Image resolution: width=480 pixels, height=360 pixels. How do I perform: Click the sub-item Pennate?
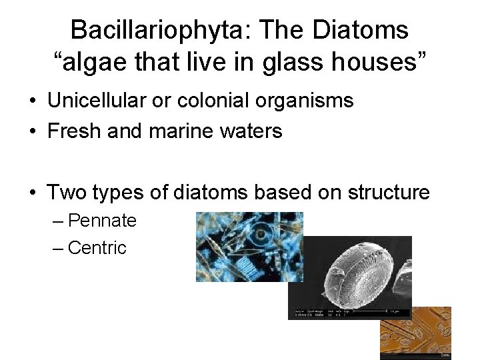pyautogui.click(x=102, y=221)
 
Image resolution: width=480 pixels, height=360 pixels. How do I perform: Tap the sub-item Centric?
pyautogui.click(x=97, y=248)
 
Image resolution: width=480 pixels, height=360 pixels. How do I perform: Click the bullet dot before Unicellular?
pyautogui.click(x=32, y=102)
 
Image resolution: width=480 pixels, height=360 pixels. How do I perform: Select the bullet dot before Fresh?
pyautogui.click(x=32, y=132)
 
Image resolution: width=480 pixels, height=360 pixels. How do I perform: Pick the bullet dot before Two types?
pyautogui.click(x=32, y=193)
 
